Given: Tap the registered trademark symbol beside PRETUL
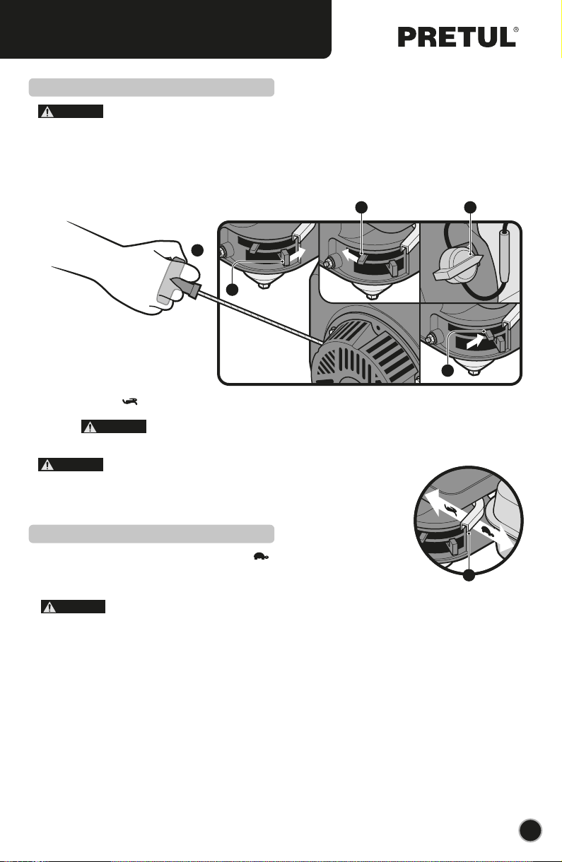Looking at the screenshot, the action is click(x=516, y=30).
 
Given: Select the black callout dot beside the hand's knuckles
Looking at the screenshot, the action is click(x=197, y=250).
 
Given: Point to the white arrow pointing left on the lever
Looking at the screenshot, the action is click(x=350, y=255).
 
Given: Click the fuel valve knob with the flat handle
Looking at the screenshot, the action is click(x=458, y=266).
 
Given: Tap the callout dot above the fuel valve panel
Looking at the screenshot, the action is click(x=470, y=208).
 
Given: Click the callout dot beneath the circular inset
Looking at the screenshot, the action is click(x=469, y=575).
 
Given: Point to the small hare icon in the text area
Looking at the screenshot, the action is click(x=130, y=401).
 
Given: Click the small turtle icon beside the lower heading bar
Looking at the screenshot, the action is click(x=261, y=556).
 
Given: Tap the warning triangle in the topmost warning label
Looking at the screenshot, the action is click(x=47, y=112).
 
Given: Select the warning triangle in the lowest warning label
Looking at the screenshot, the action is click(x=49, y=607).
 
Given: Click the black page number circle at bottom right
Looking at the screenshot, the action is click(x=530, y=830).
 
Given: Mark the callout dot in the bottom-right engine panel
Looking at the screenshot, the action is click(x=447, y=370).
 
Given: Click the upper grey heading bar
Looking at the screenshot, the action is click(x=151, y=88).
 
